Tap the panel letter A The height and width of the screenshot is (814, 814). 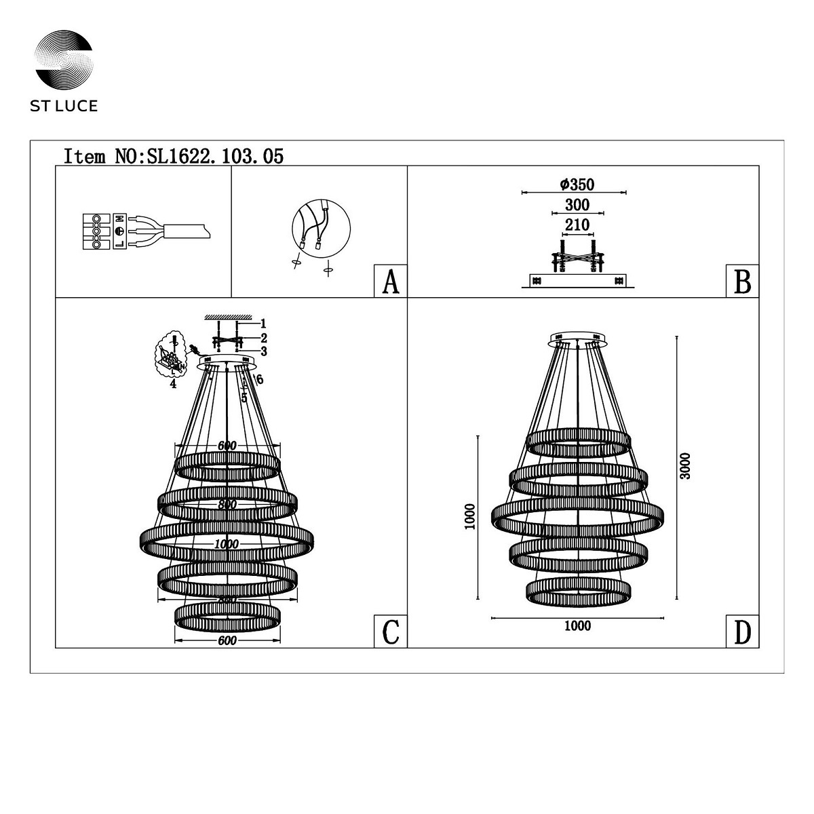[x=390, y=282]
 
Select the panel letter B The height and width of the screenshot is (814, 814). [x=742, y=282]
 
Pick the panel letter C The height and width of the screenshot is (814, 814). [x=390, y=632]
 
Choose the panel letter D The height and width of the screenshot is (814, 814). [x=742, y=632]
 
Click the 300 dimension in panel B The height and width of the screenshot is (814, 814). [x=577, y=205]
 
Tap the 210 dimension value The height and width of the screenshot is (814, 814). [x=577, y=225]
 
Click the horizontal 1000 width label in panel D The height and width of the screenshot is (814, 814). [x=577, y=626]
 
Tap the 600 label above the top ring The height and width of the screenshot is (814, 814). [x=227, y=446]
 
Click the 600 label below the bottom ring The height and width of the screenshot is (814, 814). [x=227, y=641]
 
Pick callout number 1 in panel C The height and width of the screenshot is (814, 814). [x=264, y=324]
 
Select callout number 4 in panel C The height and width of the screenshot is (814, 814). [x=174, y=384]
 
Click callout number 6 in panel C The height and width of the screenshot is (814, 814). [x=260, y=380]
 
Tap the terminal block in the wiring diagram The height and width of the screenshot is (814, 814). [x=97, y=233]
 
